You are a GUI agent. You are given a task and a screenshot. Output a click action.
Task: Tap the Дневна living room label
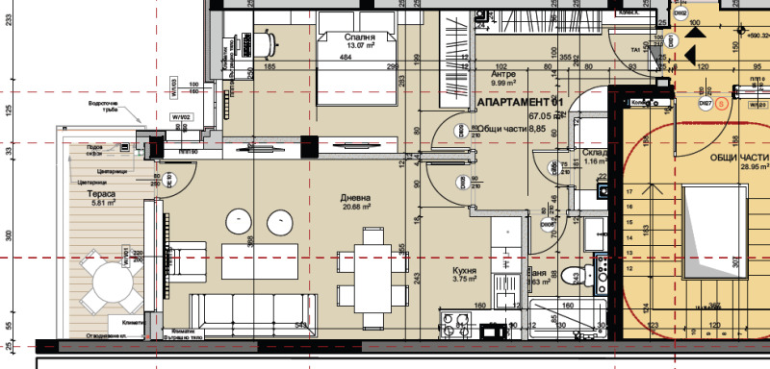pyautogui.click(x=355, y=199)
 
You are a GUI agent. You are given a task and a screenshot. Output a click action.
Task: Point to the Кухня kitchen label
pyautogui.click(x=467, y=271)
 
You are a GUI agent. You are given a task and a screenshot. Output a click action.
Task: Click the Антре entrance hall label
pyautogui.click(x=504, y=73)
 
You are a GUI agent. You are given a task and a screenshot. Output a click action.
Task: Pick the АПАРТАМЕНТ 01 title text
pyautogui.click(x=519, y=102)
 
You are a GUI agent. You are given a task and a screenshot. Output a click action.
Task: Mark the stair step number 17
pyautogui.click(x=629, y=193)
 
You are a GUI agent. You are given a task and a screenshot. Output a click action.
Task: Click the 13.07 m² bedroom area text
pyautogui.click(x=346, y=46)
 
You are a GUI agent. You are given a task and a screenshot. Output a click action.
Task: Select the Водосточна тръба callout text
pyautogui.click(x=102, y=107)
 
